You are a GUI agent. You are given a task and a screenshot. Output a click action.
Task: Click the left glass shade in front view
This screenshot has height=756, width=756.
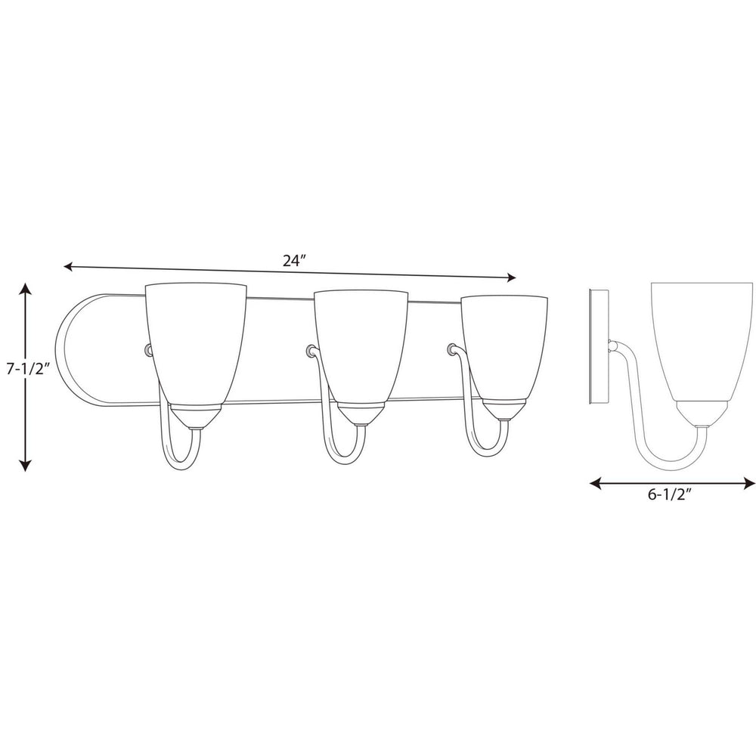[196, 340]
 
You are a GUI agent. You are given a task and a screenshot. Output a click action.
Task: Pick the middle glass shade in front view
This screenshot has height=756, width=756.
[361, 344]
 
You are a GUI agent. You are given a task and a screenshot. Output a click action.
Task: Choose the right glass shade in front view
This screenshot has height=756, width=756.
[504, 348]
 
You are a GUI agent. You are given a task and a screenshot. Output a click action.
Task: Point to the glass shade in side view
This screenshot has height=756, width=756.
[703, 340]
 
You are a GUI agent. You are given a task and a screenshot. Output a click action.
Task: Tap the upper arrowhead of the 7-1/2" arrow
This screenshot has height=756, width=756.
[26, 290]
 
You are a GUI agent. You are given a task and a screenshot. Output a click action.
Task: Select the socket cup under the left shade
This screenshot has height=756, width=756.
[194, 416]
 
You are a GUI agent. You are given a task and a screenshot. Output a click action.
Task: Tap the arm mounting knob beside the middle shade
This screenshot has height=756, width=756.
[310, 349]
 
